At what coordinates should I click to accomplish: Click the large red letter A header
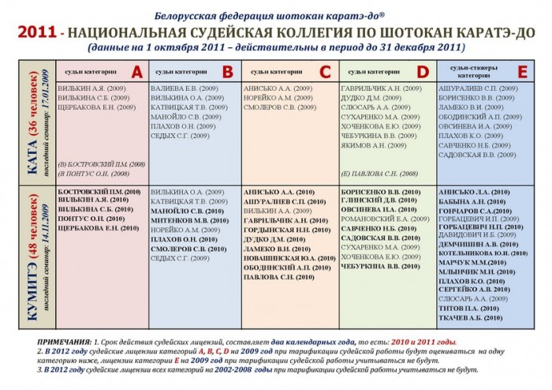[x=136, y=72]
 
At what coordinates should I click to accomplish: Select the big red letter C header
[x=324, y=72]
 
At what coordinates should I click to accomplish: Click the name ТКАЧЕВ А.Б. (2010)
[x=471, y=317]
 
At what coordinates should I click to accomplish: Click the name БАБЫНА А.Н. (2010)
[x=471, y=201]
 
